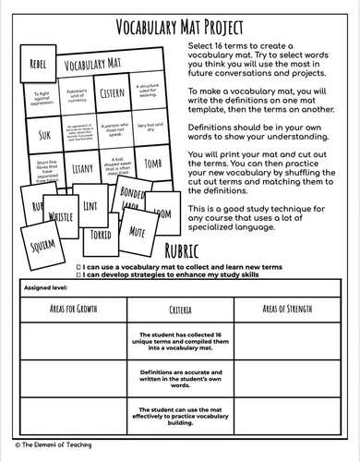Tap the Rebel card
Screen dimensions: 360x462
pos(37,64)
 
